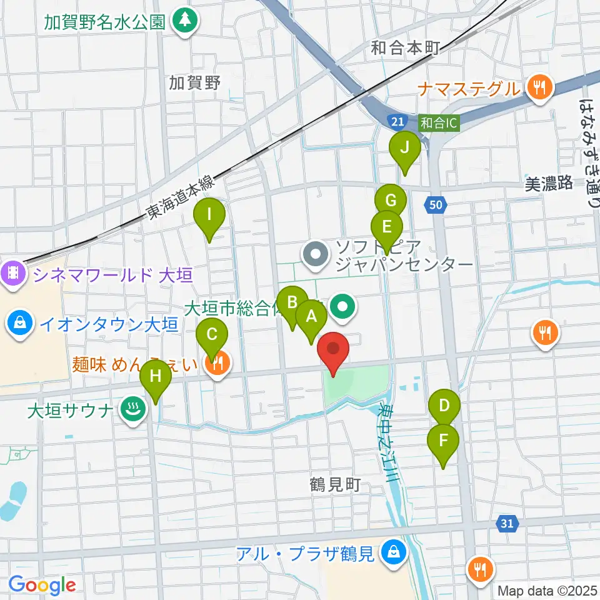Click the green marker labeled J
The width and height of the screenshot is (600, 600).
(x=404, y=149)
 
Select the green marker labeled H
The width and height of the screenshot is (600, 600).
(x=155, y=377)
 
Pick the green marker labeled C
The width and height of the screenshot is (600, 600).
(x=212, y=334)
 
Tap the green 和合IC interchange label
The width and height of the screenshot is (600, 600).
(x=439, y=123)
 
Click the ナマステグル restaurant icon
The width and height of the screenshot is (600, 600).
(x=537, y=89)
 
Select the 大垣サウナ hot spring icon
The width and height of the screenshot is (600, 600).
(x=132, y=410)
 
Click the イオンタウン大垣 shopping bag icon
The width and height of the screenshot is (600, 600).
(x=21, y=324)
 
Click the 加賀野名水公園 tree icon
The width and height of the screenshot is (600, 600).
(x=185, y=21)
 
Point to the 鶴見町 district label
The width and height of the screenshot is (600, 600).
(x=335, y=484)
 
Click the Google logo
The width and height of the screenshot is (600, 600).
(x=42, y=586)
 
